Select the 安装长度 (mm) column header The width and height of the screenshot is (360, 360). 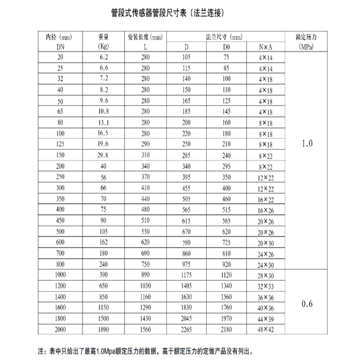[145, 37]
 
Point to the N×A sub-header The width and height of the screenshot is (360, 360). [266, 47]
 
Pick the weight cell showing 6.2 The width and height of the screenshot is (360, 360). [103, 57]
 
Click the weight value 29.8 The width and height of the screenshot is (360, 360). [103, 155]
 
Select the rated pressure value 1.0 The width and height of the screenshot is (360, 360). [307, 144]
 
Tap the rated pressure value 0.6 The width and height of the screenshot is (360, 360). [307, 304]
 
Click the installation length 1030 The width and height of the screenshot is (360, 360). [145, 286]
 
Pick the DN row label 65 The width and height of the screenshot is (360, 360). [60, 112]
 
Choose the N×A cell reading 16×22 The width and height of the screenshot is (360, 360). [266, 199]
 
